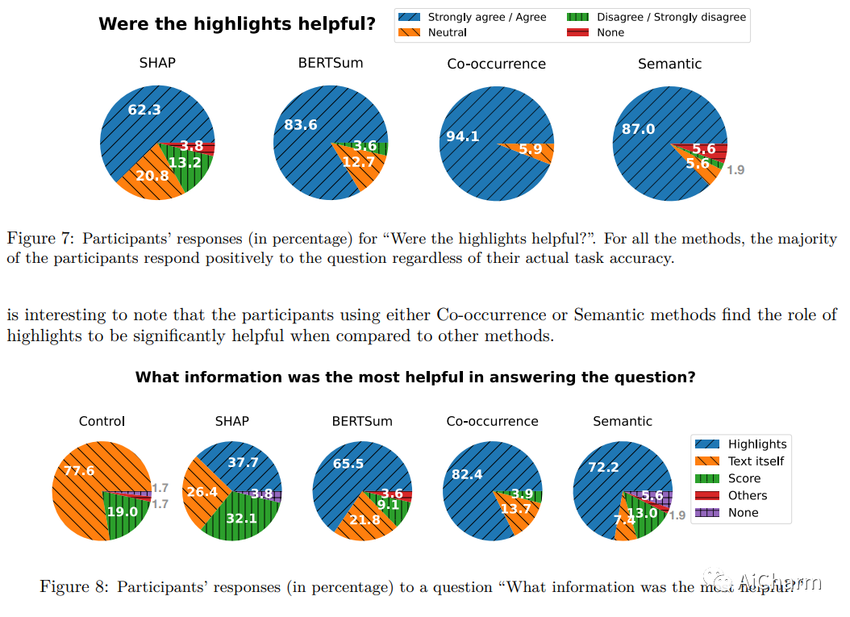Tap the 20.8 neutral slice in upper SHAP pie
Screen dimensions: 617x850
[152, 175]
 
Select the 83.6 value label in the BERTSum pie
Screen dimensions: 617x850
[301, 125]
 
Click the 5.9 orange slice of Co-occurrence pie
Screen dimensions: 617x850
[531, 149]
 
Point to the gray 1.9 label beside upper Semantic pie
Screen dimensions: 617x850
[735, 170]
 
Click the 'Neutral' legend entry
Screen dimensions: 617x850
[447, 32]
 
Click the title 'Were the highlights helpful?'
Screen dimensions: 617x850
[237, 24]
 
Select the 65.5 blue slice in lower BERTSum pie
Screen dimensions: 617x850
[348, 465]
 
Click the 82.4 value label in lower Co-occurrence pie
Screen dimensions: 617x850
[467, 474]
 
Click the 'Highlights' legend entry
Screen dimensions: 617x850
[756, 444]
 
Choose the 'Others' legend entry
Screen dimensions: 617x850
[747, 495]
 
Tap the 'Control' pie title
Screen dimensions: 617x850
[102, 421]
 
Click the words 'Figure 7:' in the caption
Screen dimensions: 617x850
[41, 239]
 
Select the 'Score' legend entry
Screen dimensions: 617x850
[744, 478]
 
